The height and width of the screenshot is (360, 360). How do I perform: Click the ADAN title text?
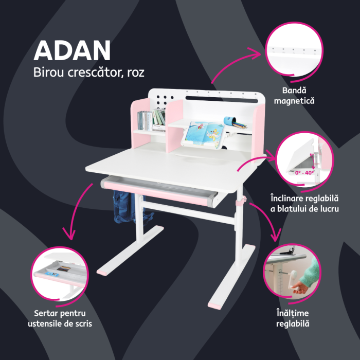pos(72,50)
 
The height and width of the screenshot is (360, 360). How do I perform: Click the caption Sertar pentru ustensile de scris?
pos(60,318)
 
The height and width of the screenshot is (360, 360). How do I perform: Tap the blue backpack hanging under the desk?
pos(121,206)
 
